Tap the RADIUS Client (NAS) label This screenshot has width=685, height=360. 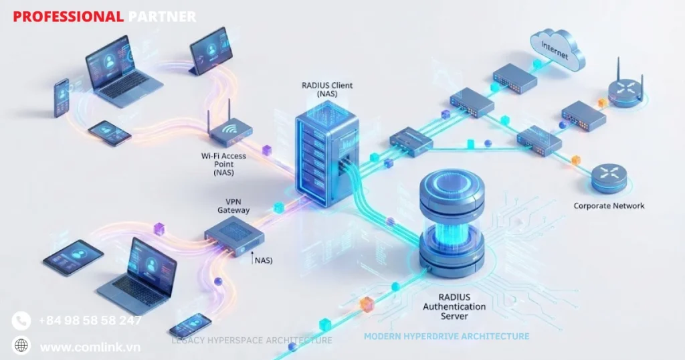click(328, 90)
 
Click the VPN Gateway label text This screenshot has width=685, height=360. click(233, 205)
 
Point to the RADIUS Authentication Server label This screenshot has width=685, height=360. click(454, 306)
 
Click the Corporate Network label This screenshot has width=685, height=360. click(609, 206)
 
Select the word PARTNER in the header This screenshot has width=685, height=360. click(162, 17)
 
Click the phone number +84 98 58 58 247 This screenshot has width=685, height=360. click(90, 321)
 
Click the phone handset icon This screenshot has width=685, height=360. click(21, 321)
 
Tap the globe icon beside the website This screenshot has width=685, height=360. click(21, 346)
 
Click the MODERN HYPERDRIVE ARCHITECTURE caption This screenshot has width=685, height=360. click(446, 336)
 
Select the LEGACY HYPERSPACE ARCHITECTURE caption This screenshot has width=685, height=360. click(252, 341)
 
